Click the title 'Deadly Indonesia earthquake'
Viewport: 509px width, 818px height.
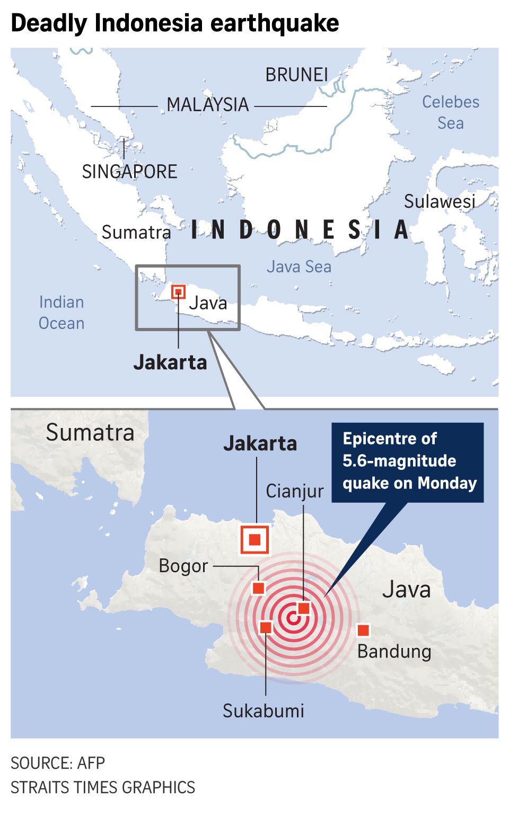click(175, 23)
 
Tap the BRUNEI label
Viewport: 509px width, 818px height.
click(296, 75)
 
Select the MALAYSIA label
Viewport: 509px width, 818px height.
click(207, 105)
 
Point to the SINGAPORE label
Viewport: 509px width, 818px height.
click(129, 172)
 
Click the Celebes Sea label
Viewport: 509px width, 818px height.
click(450, 112)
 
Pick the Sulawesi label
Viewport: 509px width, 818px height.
click(440, 201)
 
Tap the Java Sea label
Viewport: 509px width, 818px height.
click(299, 266)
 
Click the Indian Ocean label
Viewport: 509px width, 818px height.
click(62, 313)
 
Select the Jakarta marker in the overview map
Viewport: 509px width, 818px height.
click(179, 291)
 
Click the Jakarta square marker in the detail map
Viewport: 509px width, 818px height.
click(255, 539)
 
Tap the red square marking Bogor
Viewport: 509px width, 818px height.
click(258, 588)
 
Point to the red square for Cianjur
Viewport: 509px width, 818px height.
click(304, 608)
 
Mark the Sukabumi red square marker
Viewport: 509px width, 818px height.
click(266, 628)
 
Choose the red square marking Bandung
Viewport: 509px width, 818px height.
click(363, 630)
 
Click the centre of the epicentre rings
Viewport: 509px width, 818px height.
click(291, 618)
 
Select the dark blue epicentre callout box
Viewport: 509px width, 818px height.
click(407, 461)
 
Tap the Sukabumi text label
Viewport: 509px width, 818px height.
click(264, 710)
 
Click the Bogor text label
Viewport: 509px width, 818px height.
click(183, 566)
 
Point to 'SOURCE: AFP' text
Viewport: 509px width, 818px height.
click(58, 763)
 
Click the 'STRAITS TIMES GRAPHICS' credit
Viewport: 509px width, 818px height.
click(103, 787)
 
